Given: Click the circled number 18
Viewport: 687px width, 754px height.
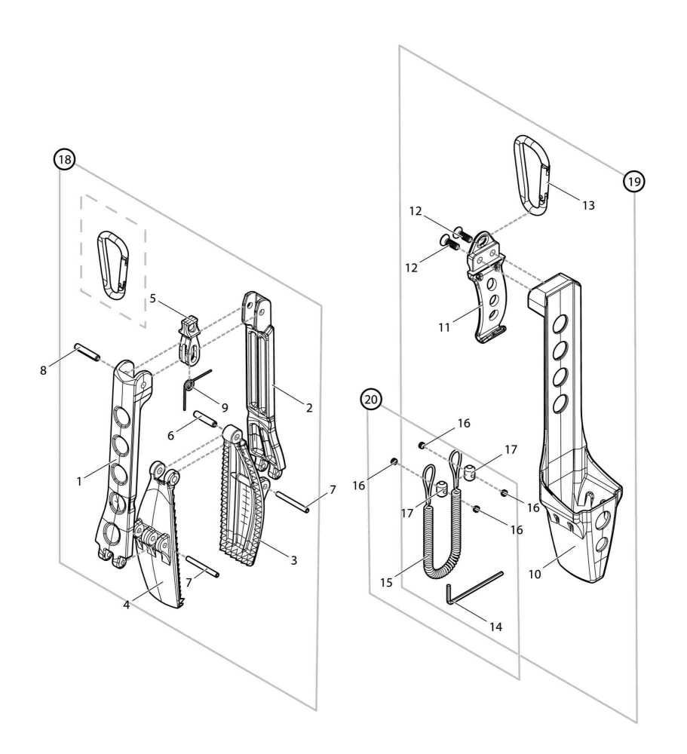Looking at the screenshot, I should pyautogui.click(x=65, y=159).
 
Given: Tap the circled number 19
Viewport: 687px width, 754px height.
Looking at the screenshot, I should pyautogui.click(x=633, y=181).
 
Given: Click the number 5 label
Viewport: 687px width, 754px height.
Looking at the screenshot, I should pyautogui.click(x=152, y=298).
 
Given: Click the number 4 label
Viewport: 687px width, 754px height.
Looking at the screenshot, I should pyautogui.click(x=127, y=604).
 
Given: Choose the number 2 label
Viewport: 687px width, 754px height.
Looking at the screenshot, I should pyautogui.click(x=309, y=407).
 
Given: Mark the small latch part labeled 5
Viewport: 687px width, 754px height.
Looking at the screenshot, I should pyautogui.click(x=189, y=336).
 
